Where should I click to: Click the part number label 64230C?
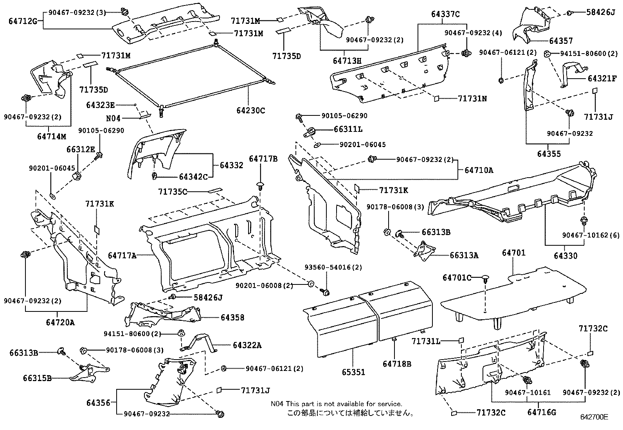250,111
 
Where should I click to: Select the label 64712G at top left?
23,21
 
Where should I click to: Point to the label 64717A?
122,256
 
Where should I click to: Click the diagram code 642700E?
594,417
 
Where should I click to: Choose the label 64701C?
457,278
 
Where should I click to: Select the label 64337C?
445,14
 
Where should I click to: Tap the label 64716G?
541,412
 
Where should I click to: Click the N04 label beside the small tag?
113,118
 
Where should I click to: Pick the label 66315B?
37,378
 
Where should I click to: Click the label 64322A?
247,345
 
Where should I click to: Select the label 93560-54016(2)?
333,268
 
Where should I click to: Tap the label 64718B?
397,364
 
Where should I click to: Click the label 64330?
565,256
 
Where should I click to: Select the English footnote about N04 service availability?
336,404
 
